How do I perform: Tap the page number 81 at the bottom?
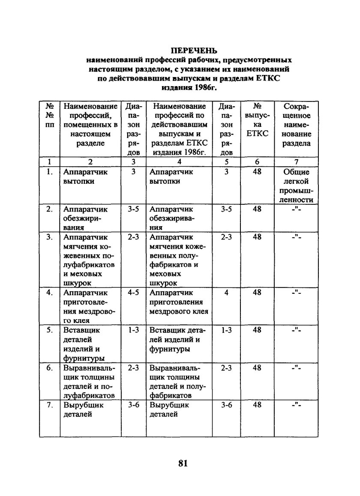tap(183, 464)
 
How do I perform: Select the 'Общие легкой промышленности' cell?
tap(296, 185)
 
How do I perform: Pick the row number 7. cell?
tap(50, 405)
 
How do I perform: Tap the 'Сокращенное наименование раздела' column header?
tap(296, 124)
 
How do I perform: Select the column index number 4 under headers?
tap(179, 162)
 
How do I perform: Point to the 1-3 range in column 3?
tap(134, 331)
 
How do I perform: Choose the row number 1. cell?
tap(50, 172)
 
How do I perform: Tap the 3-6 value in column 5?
tap(226, 405)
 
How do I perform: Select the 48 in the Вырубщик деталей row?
tap(257, 405)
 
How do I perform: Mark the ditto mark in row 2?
tap(296, 209)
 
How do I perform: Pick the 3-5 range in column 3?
tap(134, 209)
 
